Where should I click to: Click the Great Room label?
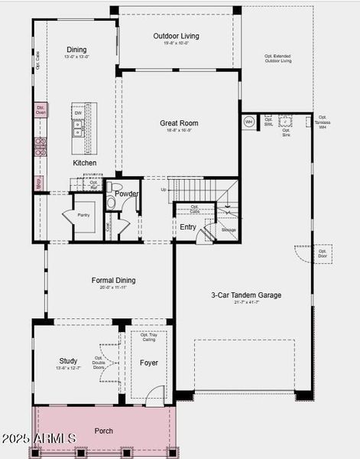pyautogui.click(x=179, y=123)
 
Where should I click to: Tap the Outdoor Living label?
pyautogui.click(x=175, y=36)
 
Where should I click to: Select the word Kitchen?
pyautogui.click(x=85, y=163)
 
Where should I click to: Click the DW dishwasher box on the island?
pyautogui.click(x=78, y=113)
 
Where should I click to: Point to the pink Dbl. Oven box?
pyautogui.click(x=41, y=109)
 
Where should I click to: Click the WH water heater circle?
pyautogui.click(x=248, y=122)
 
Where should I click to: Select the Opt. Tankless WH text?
pyautogui.click(x=323, y=122)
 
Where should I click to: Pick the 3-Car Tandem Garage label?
pyautogui.click(x=246, y=295)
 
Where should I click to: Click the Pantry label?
pyautogui.click(x=83, y=215)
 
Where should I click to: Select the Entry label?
pyautogui.click(x=188, y=227)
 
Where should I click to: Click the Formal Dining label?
pyautogui.click(x=114, y=281)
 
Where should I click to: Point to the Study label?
pyautogui.click(x=68, y=361)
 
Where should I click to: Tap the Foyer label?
pyautogui.click(x=149, y=363)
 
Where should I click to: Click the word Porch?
pyautogui.click(x=103, y=431)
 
